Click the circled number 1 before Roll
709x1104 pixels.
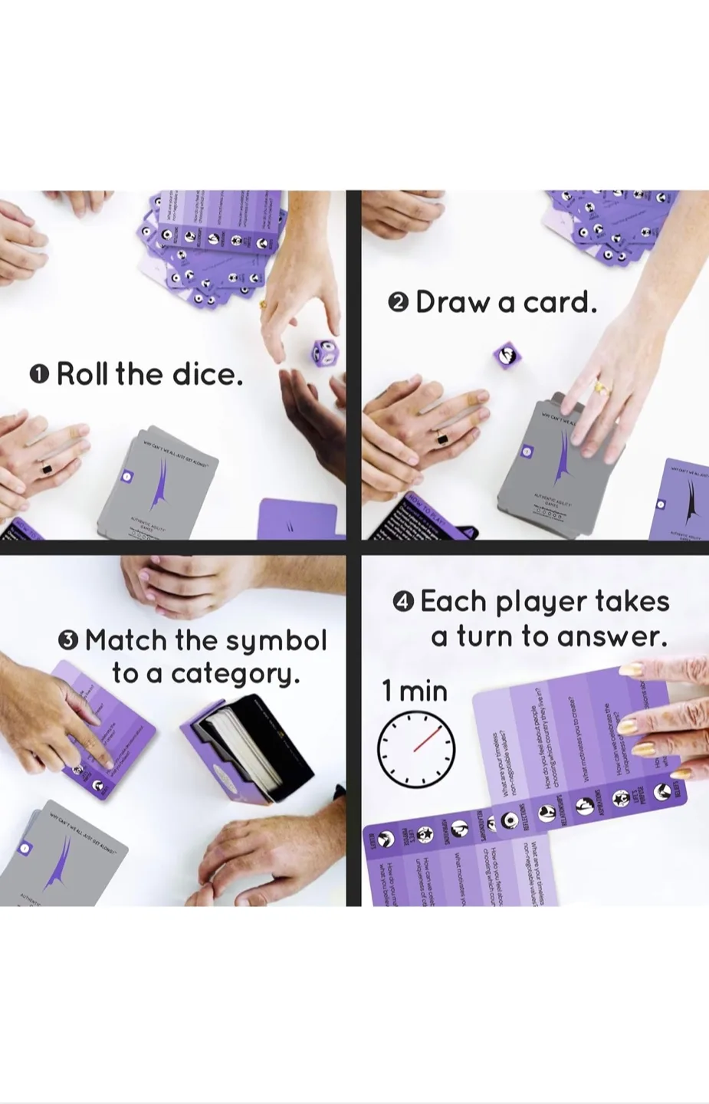pos(39,375)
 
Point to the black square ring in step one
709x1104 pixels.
pos(48,469)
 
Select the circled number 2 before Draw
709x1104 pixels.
pos(399,303)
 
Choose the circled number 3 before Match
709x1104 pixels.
pos(68,640)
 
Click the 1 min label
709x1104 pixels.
pos(415,692)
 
